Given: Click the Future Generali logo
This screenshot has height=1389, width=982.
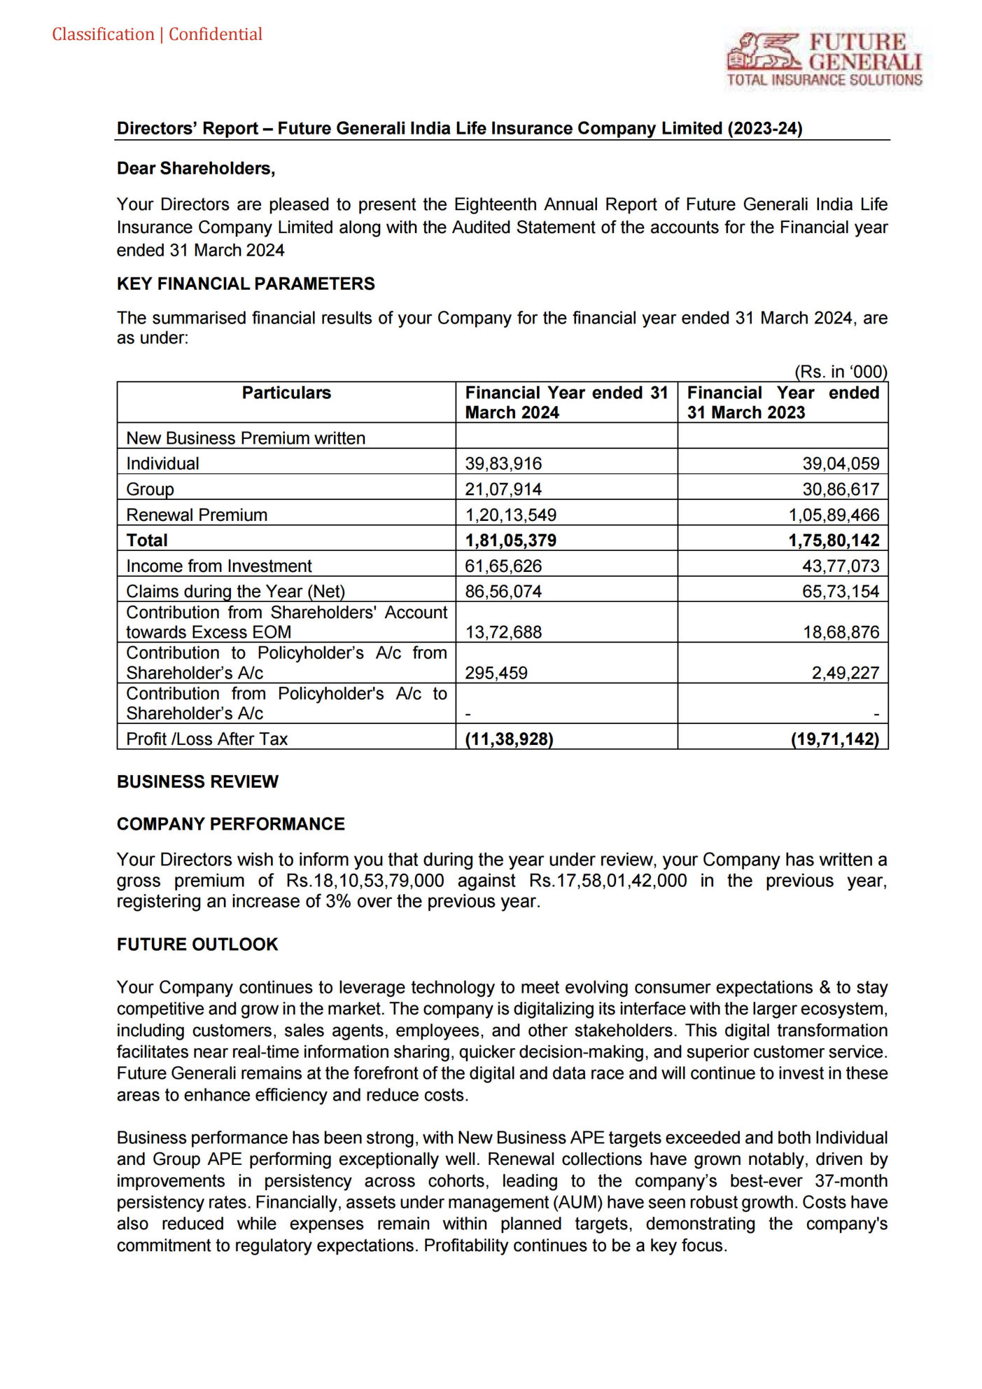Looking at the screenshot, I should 824,60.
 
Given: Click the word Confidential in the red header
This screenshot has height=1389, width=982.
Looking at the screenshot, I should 215,34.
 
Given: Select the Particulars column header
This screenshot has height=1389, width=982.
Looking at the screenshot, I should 286,393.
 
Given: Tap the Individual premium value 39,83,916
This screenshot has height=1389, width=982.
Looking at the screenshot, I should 503,463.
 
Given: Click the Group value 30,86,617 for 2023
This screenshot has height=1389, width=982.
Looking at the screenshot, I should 840,489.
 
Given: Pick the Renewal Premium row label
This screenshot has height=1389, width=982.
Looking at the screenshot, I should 197,515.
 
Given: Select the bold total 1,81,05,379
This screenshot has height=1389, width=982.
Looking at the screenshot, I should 510,540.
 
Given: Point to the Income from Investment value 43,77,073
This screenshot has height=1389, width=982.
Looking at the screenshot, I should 840,566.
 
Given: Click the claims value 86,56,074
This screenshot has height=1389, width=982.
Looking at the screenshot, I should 503,592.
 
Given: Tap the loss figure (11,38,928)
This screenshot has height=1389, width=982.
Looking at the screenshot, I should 509,739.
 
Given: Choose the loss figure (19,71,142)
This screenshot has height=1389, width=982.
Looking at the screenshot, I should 834,739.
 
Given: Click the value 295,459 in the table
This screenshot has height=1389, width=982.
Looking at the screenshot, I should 496,673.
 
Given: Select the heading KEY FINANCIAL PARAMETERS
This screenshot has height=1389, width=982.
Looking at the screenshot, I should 246,284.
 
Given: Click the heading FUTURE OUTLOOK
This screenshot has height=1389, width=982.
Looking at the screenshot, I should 197,944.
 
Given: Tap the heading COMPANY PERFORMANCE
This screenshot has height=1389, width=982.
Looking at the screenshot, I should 230,824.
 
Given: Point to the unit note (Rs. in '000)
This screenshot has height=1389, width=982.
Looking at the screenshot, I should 840,372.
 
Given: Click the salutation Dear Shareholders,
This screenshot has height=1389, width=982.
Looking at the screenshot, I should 196,169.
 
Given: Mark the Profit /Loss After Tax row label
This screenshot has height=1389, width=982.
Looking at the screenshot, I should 206,739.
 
